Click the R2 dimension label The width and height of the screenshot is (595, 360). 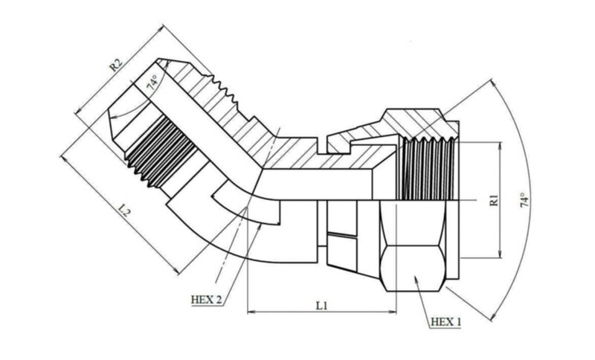[x=116, y=65]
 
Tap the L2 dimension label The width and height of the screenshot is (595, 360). [x=125, y=210]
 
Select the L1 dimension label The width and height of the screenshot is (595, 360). [x=322, y=305]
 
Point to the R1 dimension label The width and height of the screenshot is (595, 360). [x=494, y=200]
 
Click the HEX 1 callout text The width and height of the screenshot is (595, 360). [x=446, y=322]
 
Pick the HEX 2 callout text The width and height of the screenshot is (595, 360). [x=206, y=300]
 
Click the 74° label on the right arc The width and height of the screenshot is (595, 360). [x=524, y=200]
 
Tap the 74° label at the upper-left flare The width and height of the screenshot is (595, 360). [x=152, y=83]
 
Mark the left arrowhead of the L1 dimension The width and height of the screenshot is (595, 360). [x=251, y=312]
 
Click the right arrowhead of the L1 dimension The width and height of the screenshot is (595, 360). [x=393, y=312]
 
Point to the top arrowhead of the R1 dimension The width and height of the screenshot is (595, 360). [x=501, y=146]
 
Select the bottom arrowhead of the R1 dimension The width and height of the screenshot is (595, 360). [x=501, y=254]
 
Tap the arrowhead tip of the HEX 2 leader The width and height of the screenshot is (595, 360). [x=261, y=225]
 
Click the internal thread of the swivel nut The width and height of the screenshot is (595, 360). [x=428, y=168]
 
